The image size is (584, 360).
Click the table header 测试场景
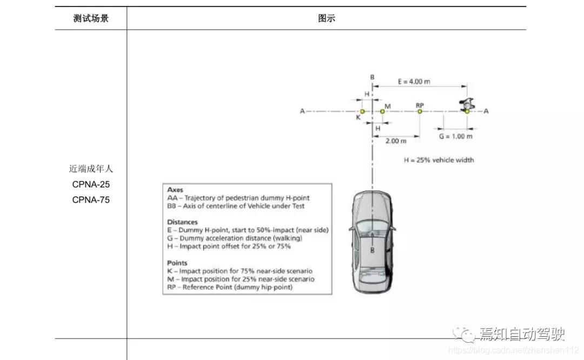91,18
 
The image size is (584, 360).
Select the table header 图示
326,18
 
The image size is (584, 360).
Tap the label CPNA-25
91,184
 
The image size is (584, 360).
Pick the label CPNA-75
91,199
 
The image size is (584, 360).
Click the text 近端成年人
91,169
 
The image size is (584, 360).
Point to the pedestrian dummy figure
466,104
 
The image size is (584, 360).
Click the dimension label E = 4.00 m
414,82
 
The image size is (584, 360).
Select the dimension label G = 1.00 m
455,137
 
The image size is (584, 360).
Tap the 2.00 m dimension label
396,141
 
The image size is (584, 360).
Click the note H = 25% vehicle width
439,160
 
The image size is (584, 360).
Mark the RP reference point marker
420,111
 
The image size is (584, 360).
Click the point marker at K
362,111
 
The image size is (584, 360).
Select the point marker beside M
382,111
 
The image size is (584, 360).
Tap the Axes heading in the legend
175,190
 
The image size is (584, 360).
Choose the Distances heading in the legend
182,222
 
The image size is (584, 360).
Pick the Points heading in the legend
177,263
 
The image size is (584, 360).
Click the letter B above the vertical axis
372,77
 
